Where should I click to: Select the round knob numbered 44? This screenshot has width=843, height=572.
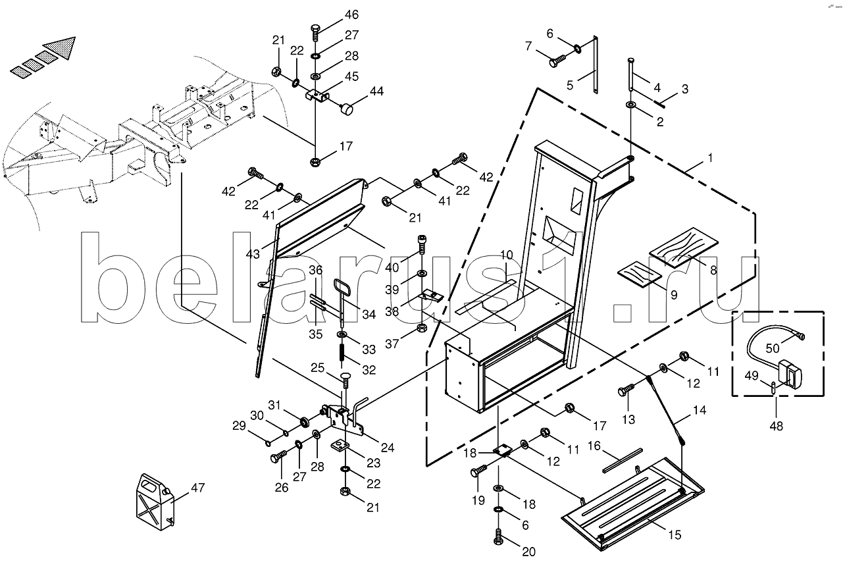point(349,108)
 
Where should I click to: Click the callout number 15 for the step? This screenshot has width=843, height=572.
point(675,535)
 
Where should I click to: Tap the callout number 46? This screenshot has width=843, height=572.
point(351,14)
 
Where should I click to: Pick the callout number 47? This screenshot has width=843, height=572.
point(198,488)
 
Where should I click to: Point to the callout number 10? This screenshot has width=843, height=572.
point(505,254)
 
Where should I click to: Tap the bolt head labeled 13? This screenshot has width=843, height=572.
point(624,392)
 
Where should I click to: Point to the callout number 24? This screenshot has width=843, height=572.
point(387,448)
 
